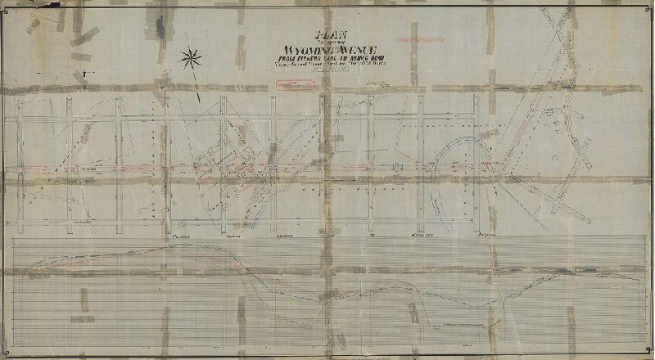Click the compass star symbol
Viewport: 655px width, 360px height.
click(x=191, y=57)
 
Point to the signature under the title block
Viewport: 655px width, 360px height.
click(x=376, y=83)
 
